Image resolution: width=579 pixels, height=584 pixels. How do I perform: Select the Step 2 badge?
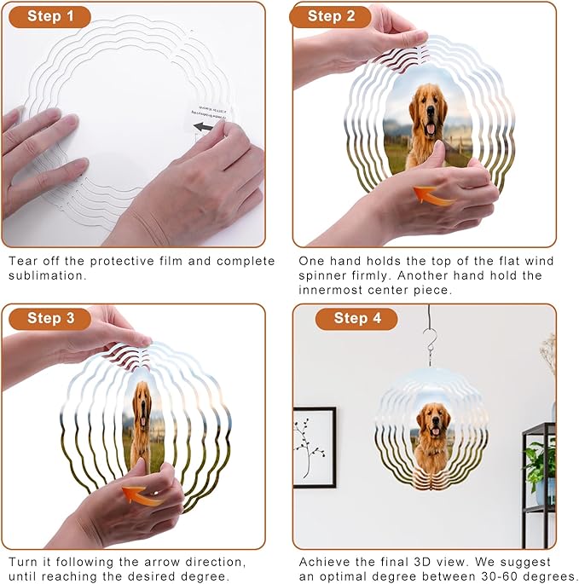click(330, 16)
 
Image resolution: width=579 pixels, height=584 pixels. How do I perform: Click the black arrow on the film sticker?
click(203, 127)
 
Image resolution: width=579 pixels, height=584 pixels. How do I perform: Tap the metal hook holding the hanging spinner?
click(431, 337)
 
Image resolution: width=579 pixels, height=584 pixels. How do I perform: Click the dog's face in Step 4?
click(432, 419)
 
